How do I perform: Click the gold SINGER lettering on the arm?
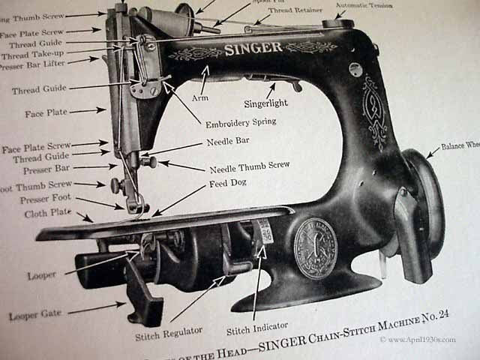253,49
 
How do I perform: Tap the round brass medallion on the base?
315,247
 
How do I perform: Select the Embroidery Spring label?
233,122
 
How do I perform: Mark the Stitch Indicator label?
256,331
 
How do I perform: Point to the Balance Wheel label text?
459,146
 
